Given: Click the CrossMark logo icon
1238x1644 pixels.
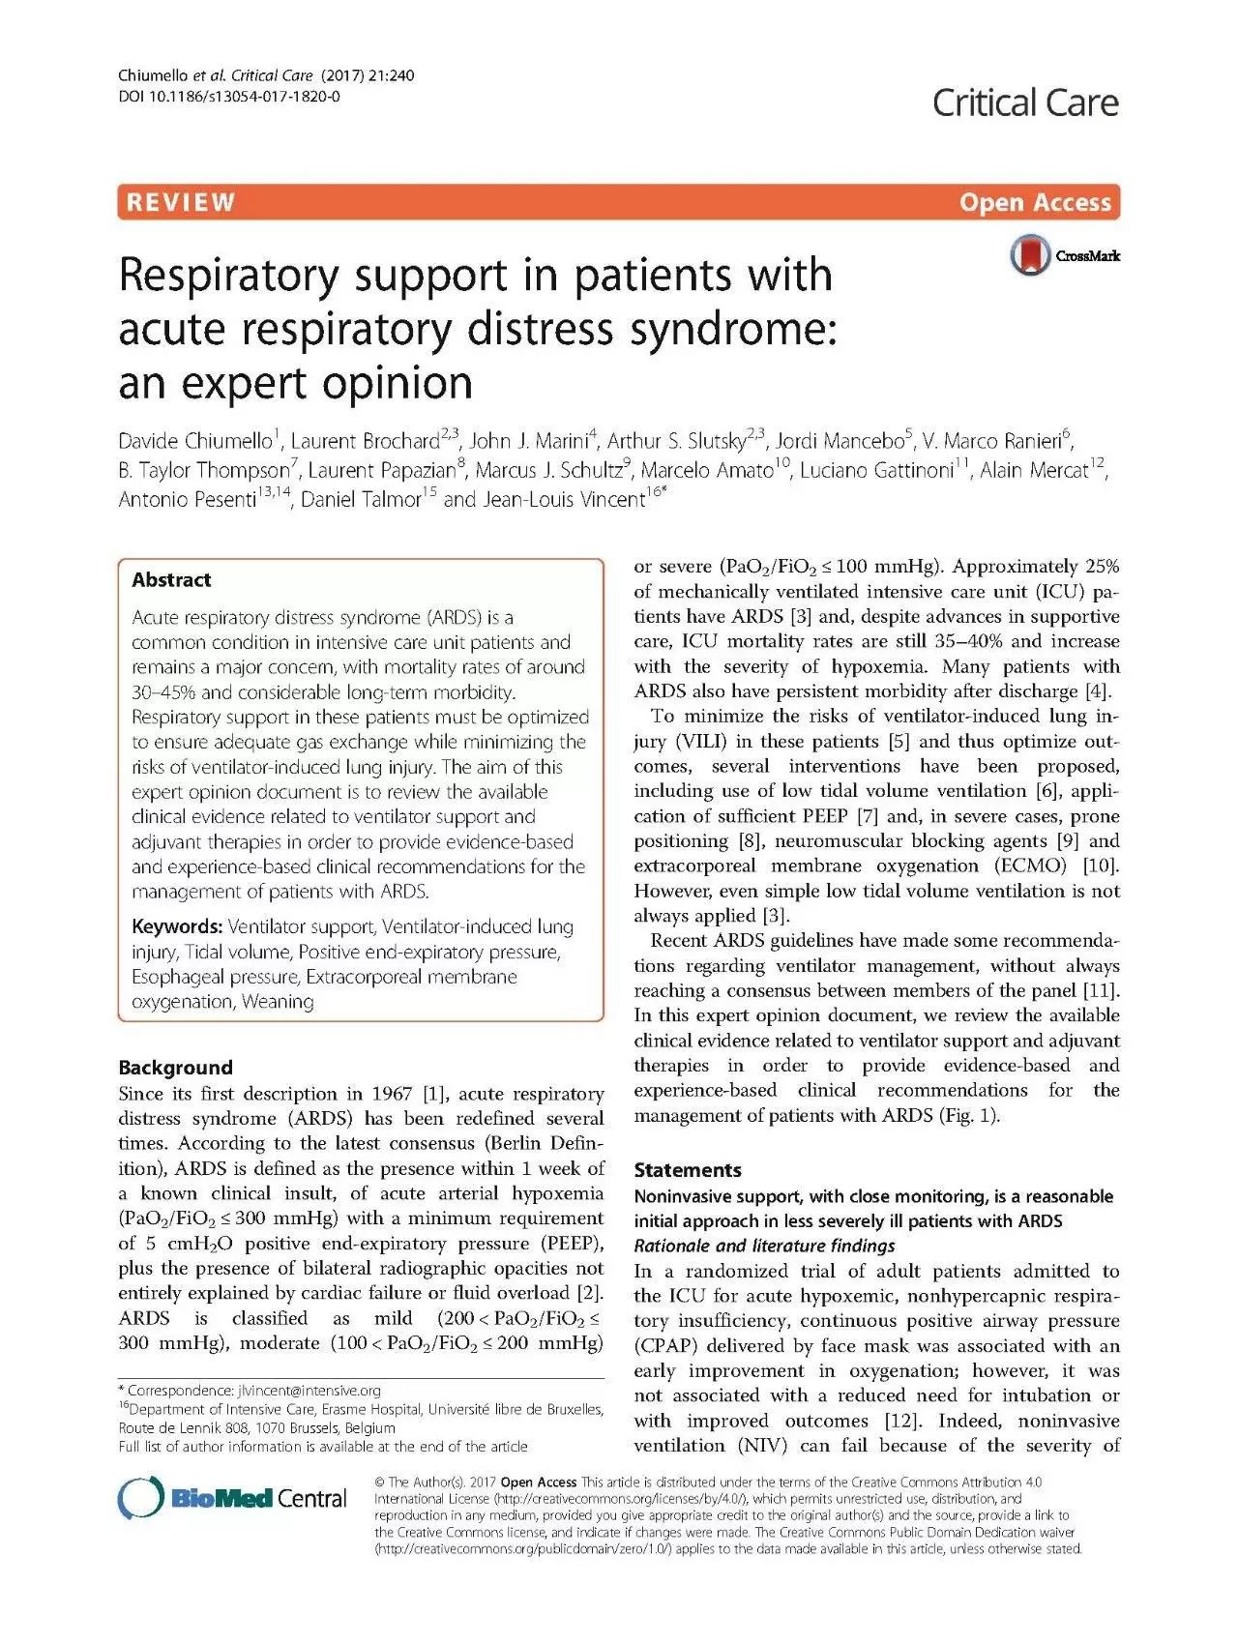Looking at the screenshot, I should pos(1031,255).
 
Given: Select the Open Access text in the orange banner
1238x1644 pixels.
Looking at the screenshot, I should pos(1035,202).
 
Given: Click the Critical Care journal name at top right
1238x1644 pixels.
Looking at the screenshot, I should pos(1025,103).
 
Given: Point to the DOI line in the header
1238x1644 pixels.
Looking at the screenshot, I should pos(228,97).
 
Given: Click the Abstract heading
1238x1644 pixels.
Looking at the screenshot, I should pos(171,579).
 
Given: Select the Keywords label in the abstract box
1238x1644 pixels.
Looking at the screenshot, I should pos(177,926).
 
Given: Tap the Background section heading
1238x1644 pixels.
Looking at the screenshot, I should pos(175,1068).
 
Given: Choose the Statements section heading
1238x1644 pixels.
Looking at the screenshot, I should pos(688,1169).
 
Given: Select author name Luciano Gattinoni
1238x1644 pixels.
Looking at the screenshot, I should pos(877,470).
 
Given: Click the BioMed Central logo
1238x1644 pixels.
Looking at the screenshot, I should pos(232,1498).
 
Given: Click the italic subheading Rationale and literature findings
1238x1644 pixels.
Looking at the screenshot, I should pos(764,1246).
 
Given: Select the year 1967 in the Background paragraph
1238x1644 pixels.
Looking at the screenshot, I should pos(394,1094).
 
